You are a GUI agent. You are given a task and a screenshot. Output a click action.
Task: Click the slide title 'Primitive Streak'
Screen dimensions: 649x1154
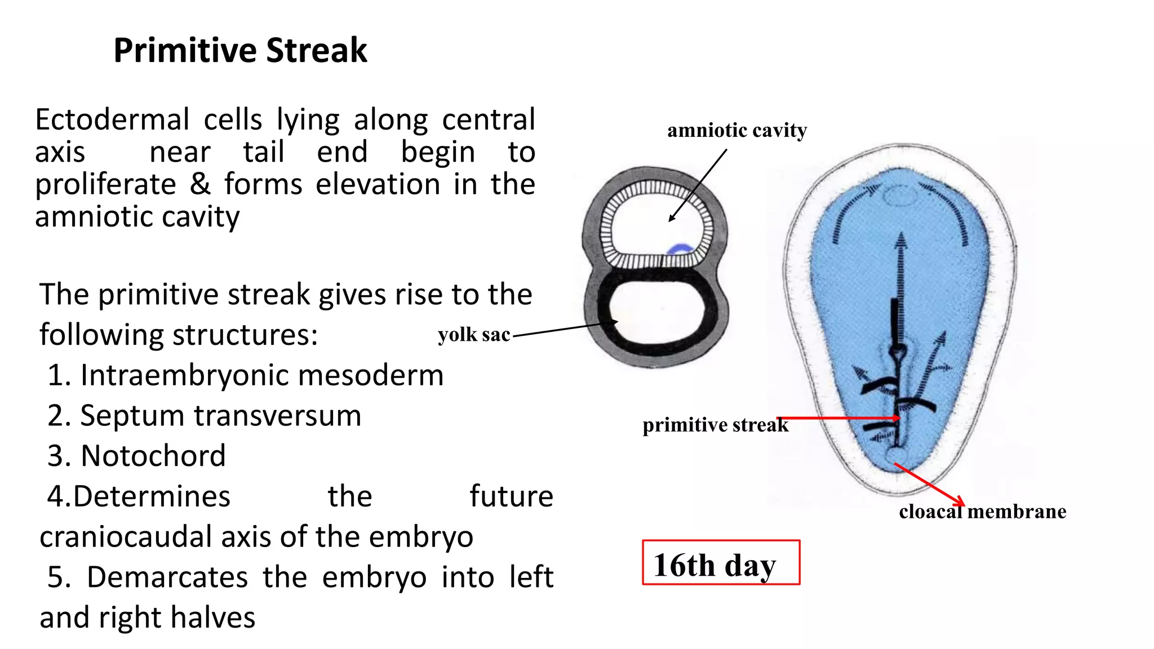240,51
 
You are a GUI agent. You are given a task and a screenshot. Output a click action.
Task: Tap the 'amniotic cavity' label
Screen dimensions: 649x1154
736,131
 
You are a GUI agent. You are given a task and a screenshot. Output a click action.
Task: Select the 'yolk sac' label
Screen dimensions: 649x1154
473,335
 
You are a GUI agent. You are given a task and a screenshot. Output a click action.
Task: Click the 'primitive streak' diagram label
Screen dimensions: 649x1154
714,425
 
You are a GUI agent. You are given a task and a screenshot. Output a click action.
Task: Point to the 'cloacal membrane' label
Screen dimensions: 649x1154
982,512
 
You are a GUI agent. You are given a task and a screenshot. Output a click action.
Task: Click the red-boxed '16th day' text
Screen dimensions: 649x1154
714,564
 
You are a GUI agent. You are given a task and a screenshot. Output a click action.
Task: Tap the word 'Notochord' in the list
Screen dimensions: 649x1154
153,456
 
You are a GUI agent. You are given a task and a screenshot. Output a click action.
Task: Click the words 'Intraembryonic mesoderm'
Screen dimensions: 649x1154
262,375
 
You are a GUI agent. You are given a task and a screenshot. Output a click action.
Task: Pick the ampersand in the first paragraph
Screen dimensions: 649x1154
200,184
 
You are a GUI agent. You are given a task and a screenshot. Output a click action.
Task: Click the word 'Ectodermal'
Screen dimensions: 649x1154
112,120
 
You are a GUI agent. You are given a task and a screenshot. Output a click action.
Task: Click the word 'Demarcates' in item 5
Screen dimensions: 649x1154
167,577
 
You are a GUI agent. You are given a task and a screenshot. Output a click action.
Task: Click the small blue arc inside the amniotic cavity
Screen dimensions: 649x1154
680,250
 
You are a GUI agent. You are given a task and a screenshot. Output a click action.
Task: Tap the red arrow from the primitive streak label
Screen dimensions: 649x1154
840,418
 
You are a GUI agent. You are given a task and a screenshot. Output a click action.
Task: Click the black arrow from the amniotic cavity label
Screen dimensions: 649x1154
698,185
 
